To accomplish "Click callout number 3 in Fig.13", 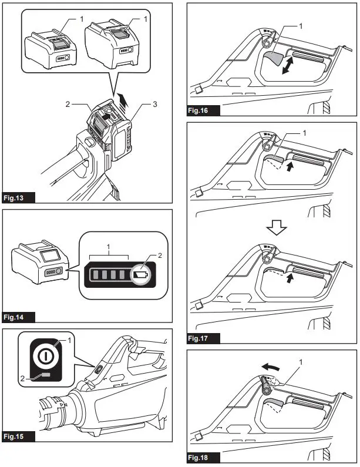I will (x=155, y=104).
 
